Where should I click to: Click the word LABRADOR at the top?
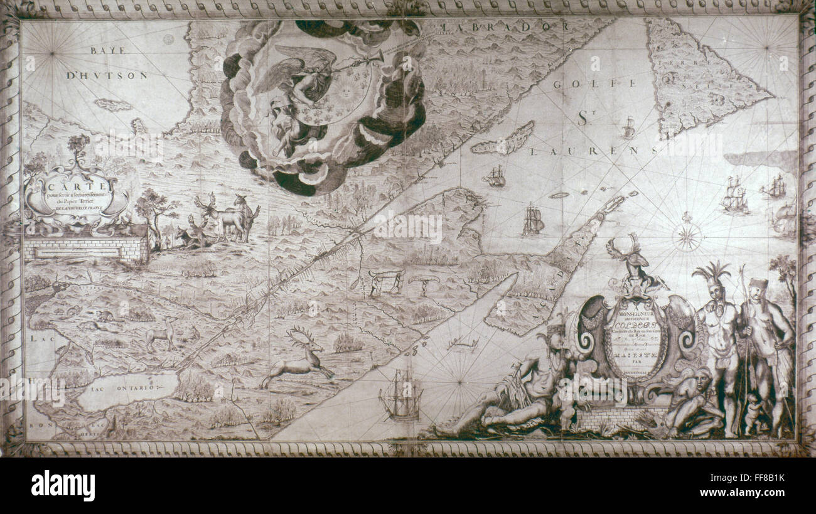pyautogui.click(x=505, y=27)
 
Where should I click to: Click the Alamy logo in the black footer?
pyautogui.click(x=63, y=486)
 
